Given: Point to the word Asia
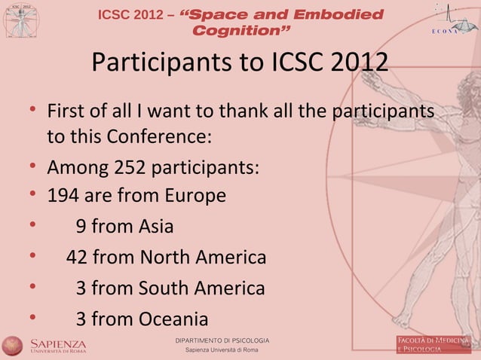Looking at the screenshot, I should [x=156, y=227].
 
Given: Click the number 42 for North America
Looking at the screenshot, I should [x=77, y=258].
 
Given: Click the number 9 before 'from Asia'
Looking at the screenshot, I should [x=81, y=227].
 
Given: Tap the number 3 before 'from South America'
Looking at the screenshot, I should [x=81, y=288].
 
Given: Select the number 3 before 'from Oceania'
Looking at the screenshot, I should [x=81, y=319].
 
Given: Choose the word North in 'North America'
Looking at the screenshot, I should [x=164, y=258].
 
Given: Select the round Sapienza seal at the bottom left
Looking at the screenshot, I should [x=12, y=345].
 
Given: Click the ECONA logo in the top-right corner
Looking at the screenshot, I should [x=449, y=18].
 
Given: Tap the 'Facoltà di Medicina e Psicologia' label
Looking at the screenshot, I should [x=434, y=344].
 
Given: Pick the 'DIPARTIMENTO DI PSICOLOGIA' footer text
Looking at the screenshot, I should [x=222, y=340].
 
